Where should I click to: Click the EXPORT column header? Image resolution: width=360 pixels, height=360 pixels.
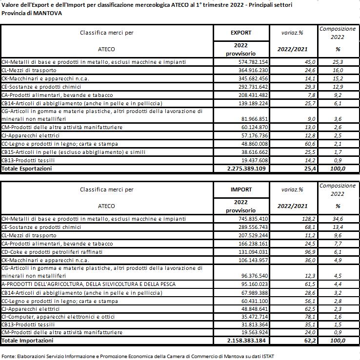(240, 33)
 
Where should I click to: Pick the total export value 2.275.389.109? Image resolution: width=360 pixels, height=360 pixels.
(242, 168)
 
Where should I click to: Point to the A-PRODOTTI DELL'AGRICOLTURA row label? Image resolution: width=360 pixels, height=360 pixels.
(88, 284)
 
